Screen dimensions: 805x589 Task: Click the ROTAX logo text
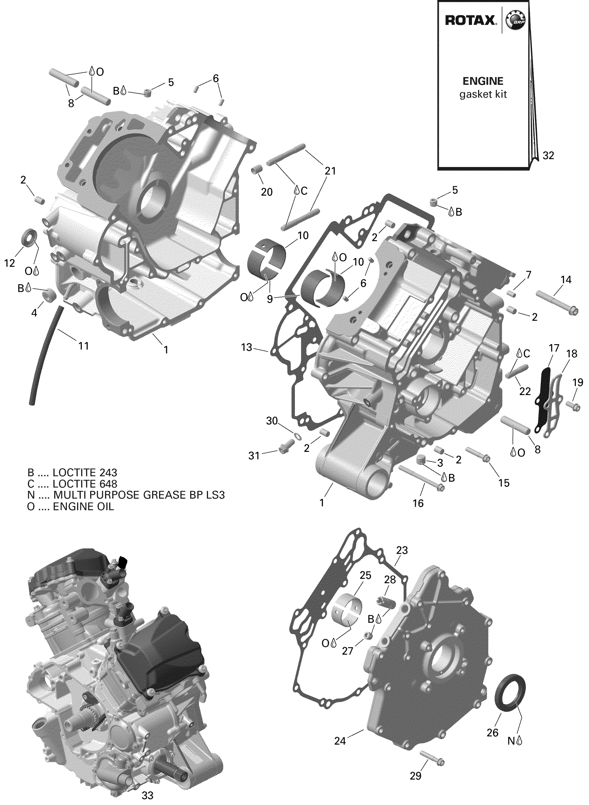470,20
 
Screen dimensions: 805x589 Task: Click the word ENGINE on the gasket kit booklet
483,81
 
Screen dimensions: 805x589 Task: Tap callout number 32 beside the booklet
548,155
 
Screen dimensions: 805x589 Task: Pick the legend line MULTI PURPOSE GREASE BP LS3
126,495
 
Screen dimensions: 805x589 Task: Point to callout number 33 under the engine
147,795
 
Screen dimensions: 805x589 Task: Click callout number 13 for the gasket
246,347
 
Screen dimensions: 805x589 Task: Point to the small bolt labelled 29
432,758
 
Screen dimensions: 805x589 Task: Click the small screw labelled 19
573,406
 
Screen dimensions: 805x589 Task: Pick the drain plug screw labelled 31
285,446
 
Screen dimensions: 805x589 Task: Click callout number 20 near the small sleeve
267,192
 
